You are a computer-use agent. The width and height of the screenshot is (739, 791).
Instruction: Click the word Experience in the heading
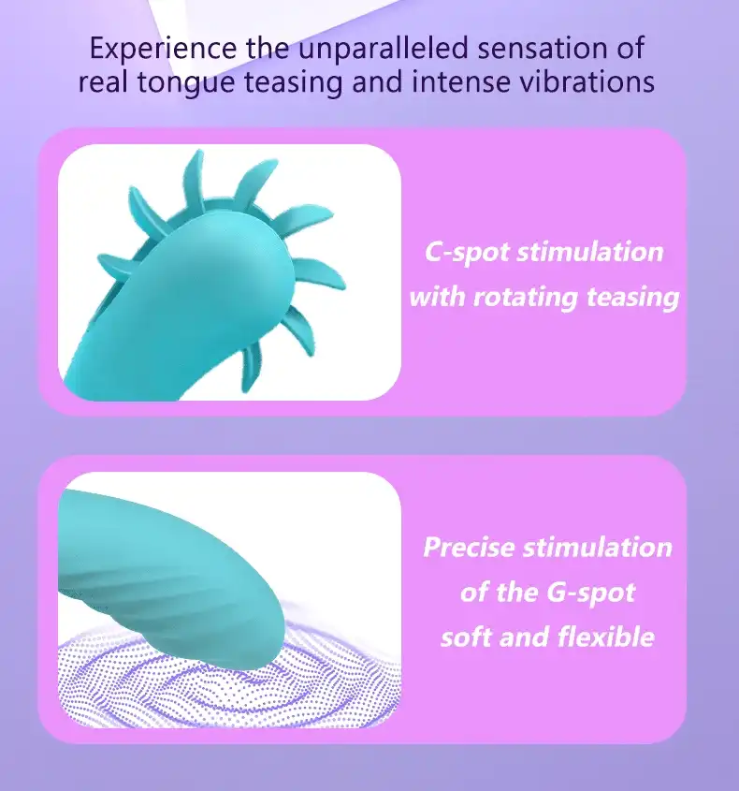pos(163,49)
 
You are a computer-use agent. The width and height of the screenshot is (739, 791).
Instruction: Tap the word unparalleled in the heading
pos(384,48)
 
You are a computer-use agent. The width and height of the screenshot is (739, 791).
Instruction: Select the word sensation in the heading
pos(542,49)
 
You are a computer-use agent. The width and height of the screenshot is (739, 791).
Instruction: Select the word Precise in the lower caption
pos(469,547)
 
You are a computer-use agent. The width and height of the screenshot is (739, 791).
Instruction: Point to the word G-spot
pos(591,593)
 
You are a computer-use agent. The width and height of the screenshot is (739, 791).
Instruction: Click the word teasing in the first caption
pos(633,298)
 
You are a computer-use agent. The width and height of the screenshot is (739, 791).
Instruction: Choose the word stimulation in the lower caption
pos(598,547)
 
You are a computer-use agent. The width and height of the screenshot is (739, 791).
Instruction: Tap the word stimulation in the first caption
pos(590,252)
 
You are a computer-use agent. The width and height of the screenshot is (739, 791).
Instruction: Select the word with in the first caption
pos(437,296)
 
